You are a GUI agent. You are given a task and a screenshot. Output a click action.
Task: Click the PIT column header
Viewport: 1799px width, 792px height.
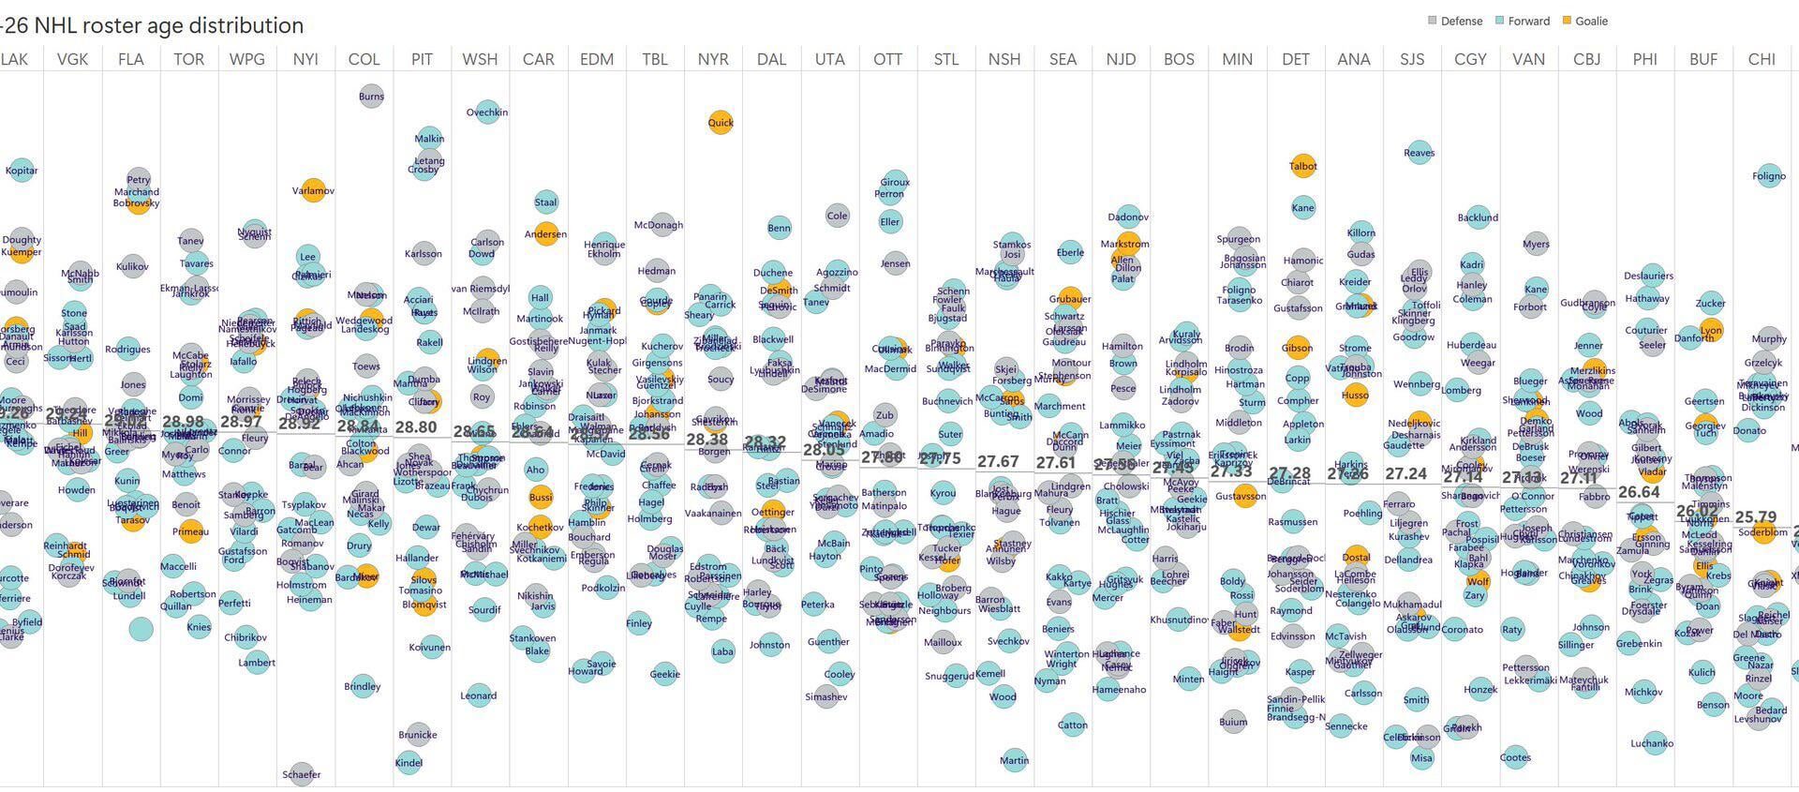pyautogui.click(x=422, y=59)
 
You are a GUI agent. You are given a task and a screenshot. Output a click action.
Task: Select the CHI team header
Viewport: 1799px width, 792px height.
pyautogui.click(x=1762, y=59)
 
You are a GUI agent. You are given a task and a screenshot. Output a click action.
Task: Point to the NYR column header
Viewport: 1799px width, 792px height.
pyautogui.click(x=713, y=59)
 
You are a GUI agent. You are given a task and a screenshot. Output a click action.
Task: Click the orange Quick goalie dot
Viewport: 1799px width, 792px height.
pyautogui.click(x=720, y=122)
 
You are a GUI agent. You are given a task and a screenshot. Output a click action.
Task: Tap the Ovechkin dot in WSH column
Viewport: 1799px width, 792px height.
pyautogui.click(x=487, y=112)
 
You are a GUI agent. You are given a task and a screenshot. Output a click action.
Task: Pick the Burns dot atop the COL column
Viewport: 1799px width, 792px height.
pyautogui.click(x=371, y=96)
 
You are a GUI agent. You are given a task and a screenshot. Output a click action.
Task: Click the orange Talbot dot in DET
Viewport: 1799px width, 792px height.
pyautogui.click(x=1302, y=166)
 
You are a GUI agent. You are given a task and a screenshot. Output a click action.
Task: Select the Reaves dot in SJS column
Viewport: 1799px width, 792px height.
pyautogui.click(x=1419, y=152)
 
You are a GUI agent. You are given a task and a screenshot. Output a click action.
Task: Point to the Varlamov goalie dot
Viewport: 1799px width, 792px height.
pyautogui.click(x=313, y=190)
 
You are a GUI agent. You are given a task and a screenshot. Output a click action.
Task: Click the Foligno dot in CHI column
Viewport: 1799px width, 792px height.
pyautogui.click(x=1768, y=175)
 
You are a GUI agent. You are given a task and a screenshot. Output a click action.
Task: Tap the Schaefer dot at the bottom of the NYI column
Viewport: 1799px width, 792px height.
pyautogui.click(x=301, y=774)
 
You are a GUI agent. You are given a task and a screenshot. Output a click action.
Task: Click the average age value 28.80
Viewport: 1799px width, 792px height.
pyautogui.click(x=416, y=427)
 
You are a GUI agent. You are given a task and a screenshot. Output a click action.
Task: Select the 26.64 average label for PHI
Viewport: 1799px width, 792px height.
pyautogui.click(x=1639, y=492)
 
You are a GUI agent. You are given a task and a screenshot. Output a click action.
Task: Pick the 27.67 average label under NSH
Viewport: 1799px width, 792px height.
pyautogui.click(x=998, y=462)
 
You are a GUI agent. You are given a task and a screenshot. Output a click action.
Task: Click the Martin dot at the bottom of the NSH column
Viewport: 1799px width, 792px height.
pyautogui.click(x=1013, y=760)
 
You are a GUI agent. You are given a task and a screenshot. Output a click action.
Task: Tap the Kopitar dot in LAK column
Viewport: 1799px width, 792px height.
pyautogui.click(x=22, y=171)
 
